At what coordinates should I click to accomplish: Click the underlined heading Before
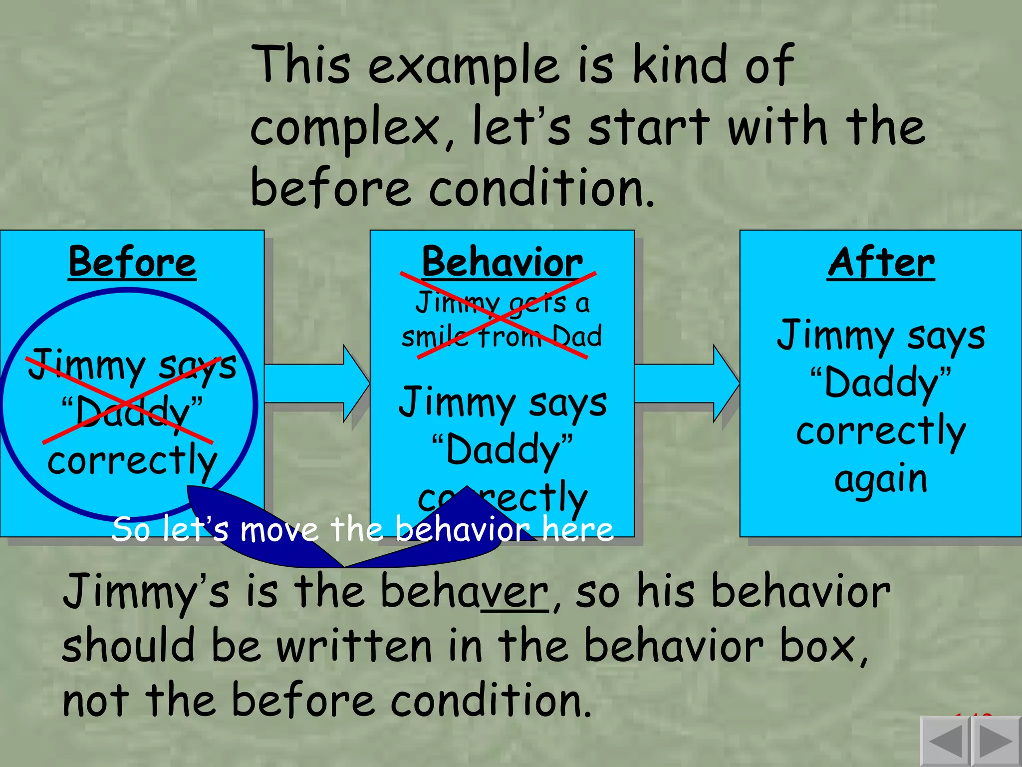(x=132, y=263)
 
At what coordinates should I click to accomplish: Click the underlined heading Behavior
(x=502, y=263)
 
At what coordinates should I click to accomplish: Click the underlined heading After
(x=881, y=263)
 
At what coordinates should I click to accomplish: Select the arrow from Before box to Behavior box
(x=317, y=383)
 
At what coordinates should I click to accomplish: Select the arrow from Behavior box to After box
(x=687, y=383)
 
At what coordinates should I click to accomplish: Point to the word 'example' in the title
(x=464, y=67)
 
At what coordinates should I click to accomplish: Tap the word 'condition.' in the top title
(x=541, y=189)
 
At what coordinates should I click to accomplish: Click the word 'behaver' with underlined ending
(x=464, y=592)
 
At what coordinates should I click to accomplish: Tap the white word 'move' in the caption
(x=279, y=529)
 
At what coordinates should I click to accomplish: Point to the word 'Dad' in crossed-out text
(x=577, y=336)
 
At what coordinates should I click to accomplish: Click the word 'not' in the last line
(x=95, y=702)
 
